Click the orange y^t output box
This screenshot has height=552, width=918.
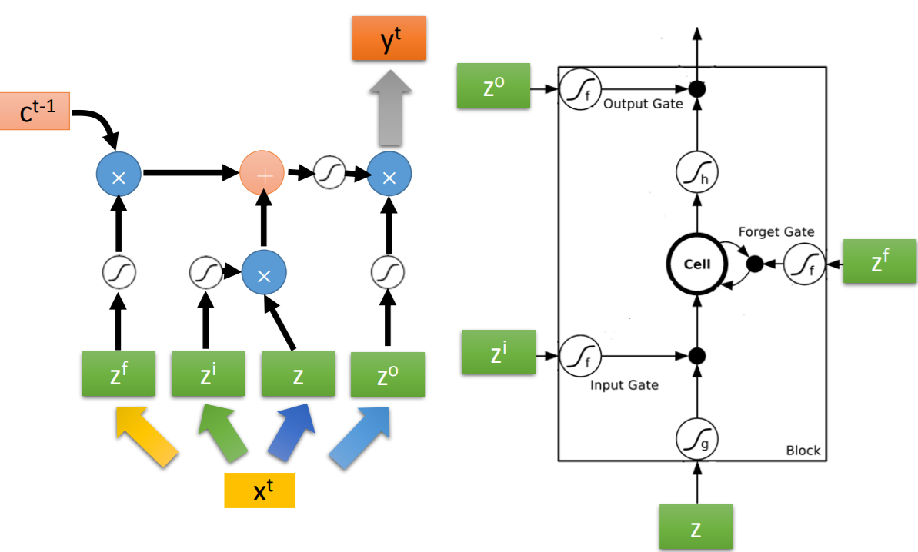click(389, 38)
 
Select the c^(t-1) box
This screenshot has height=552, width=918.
click(35, 111)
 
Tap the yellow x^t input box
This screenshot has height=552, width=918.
click(259, 490)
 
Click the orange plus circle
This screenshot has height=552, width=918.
click(262, 173)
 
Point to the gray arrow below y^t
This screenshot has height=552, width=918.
click(390, 108)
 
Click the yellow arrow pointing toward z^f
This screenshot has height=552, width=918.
click(145, 437)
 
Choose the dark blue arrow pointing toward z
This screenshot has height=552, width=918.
click(292, 431)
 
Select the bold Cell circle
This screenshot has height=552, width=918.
click(696, 264)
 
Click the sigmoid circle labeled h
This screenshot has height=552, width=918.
click(696, 172)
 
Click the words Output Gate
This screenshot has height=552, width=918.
click(643, 104)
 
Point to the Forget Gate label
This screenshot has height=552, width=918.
click(776, 232)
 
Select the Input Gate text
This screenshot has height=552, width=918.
click(624, 385)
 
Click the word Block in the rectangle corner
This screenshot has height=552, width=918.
click(803, 451)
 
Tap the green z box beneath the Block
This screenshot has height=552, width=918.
click(696, 527)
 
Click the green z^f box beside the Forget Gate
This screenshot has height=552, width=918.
click(880, 261)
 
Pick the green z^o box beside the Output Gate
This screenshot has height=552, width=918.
click(493, 86)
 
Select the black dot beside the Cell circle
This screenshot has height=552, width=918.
click(755, 264)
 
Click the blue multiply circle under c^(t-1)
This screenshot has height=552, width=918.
click(119, 175)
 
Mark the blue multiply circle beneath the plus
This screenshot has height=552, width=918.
click(264, 272)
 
